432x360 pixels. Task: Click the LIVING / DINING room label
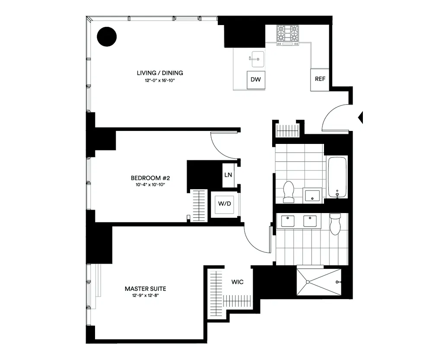pos(160,73)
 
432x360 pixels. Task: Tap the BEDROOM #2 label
pos(148,178)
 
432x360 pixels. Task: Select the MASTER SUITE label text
pos(145,289)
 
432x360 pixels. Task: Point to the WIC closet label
pos(237,282)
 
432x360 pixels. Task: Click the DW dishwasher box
pos(255,80)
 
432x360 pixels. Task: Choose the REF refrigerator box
pos(320,80)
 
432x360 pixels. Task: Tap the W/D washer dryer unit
pos(225,204)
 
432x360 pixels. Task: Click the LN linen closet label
pos(228,175)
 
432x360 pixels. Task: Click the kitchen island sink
pos(258,58)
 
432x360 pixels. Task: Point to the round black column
pos(107,36)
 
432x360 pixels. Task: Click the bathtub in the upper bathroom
pos(337,177)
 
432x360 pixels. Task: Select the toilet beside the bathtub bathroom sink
pos(288,191)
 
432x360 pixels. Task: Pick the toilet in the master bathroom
pos(335,224)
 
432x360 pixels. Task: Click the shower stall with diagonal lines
pos(319,282)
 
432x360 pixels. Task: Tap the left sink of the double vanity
pos(288,221)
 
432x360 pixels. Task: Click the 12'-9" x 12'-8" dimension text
pos(145,296)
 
